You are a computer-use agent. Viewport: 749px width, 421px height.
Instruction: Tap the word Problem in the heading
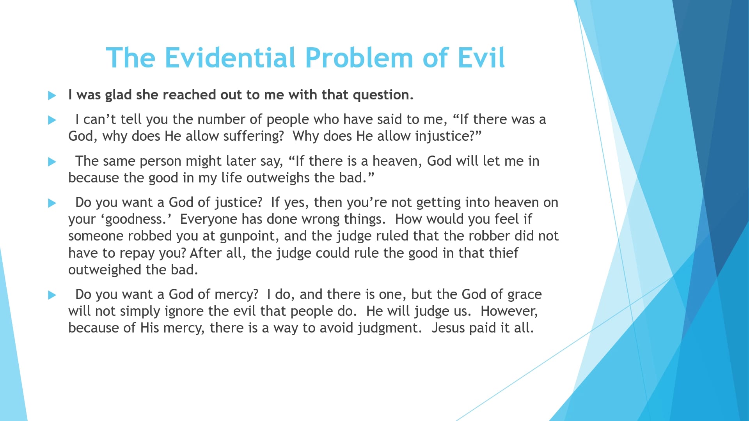[359, 58]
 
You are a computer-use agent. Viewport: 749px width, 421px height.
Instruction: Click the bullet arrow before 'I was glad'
[52, 96]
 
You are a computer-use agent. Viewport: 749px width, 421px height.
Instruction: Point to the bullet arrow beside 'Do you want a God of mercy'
[52, 295]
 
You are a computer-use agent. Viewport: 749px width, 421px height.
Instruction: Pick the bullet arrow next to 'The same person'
[52, 162]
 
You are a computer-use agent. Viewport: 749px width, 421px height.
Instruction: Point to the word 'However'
[509, 311]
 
